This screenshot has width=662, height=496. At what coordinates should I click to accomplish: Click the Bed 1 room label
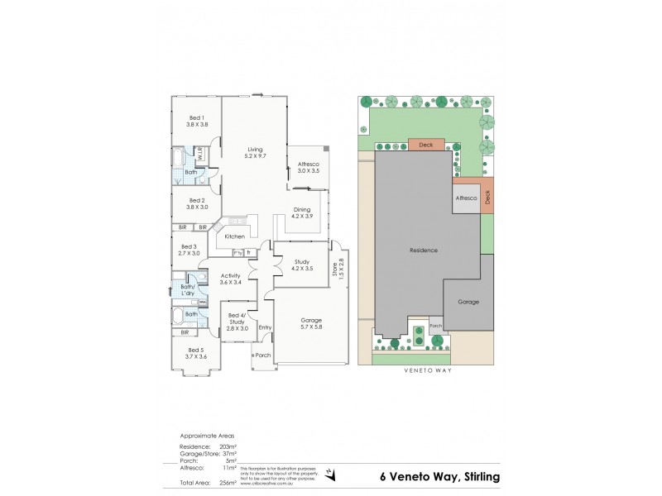(196, 121)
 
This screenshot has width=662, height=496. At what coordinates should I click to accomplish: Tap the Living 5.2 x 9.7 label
(254, 153)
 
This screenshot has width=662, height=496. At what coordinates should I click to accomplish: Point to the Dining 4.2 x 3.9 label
(301, 212)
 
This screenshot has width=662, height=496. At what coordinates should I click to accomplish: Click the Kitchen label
(234, 237)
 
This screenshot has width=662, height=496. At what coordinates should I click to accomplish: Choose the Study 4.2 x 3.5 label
(301, 265)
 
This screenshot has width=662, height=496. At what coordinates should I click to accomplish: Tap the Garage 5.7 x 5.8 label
(311, 323)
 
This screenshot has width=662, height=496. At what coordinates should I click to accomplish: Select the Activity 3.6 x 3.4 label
(230, 279)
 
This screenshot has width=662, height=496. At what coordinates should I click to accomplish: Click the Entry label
(265, 327)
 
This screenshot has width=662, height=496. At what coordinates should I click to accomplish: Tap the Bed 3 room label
(189, 250)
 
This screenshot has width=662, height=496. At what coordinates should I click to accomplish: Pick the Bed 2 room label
(196, 203)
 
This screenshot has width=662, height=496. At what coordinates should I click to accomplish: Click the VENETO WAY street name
(425, 370)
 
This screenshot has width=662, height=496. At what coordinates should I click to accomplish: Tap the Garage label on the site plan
(468, 302)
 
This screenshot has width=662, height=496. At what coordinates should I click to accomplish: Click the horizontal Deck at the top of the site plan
(425, 145)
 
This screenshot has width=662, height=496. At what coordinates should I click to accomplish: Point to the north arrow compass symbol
(331, 474)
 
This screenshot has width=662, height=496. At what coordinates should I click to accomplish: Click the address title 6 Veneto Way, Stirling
(439, 476)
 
